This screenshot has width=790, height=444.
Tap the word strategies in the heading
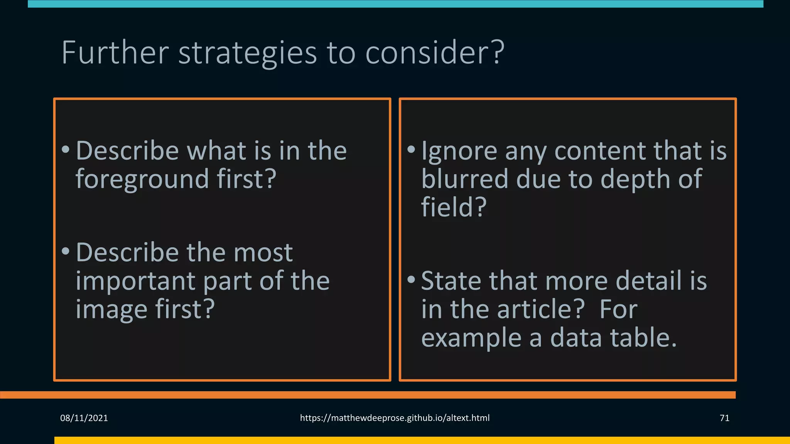click(x=247, y=53)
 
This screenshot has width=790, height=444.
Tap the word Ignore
click(x=459, y=151)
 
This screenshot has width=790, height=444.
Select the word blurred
click(x=464, y=179)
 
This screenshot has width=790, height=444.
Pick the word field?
click(x=454, y=207)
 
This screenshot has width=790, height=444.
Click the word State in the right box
click(x=451, y=281)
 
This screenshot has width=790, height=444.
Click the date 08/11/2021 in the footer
click(x=84, y=418)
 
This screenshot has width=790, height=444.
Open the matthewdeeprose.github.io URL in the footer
click(x=395, y=418)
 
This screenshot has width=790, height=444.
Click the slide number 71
click(x=724, y=418)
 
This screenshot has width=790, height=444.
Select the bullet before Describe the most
click(x=66, y=251)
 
